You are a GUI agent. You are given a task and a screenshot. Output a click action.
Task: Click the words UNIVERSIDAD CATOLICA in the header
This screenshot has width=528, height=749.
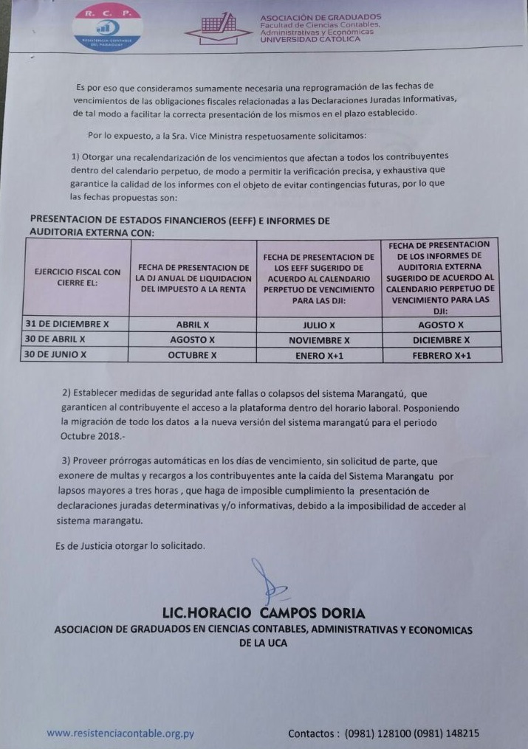click(310, 39)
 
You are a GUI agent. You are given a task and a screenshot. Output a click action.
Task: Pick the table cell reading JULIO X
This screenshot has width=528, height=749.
click(319, 325)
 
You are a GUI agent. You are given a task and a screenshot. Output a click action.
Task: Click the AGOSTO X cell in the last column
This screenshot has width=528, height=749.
click(441, 325)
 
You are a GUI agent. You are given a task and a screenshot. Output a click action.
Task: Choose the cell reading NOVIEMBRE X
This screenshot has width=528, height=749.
click(319, 340)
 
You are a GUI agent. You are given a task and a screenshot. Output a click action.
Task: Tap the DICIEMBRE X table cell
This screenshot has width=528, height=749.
click(441, 340)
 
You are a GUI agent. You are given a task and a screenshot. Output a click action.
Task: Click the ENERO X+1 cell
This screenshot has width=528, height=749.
click(319, 355)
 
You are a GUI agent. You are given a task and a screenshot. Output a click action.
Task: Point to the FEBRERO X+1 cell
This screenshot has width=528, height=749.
click(441, 355)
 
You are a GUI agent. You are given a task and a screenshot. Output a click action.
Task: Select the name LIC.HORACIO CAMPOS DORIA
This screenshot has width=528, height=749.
click(264, 613)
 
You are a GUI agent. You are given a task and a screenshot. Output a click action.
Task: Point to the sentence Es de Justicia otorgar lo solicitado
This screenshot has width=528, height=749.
click(130, 545)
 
